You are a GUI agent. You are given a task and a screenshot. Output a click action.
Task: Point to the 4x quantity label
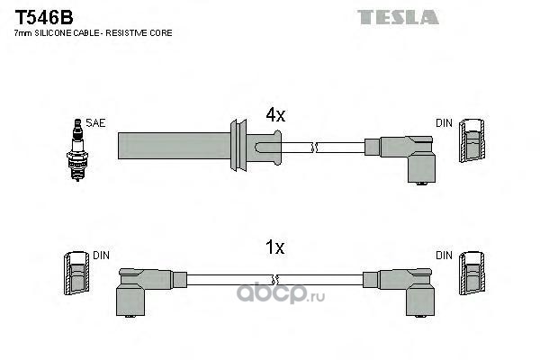tap(274, 114)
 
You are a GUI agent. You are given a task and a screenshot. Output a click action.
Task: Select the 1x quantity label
tap(274, 247)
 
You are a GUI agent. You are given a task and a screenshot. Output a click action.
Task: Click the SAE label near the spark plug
tap(93, 122)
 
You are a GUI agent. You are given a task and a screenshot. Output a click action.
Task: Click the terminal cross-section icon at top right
tap(473, 145)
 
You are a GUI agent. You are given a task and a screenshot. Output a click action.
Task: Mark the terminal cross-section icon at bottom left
tap(76, 275)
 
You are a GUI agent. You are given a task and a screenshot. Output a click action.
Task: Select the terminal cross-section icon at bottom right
tap(473, 275)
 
